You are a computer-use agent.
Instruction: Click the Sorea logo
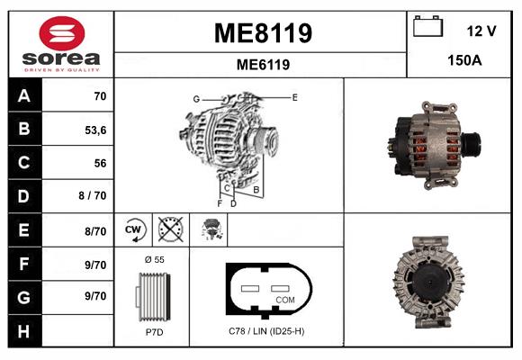[x=59, y=45]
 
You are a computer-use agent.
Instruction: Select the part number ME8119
[x=262, y=33]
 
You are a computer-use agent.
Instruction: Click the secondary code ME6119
[x=262, y=65]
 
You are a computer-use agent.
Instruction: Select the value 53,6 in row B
[x=94, y=130]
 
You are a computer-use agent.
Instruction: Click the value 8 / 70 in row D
[x=94, y=196]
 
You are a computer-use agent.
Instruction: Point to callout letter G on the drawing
[x=195, y=98]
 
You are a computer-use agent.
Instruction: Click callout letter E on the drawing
[x=294, y=95]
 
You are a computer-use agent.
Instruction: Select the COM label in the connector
[x=284, y=299]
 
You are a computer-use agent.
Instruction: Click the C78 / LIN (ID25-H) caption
[x=266, y=331]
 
